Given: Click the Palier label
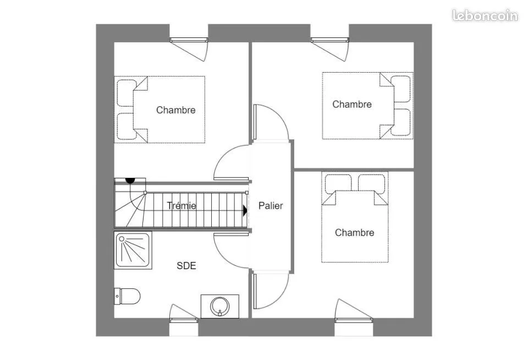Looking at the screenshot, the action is point(271,206).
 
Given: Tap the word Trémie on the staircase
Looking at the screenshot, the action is point(182,206).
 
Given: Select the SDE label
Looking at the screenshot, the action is point(186,266).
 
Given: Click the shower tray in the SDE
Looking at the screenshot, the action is point(133,250).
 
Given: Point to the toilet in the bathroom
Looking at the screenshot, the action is point(127,296).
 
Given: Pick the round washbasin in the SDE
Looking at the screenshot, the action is point(219,307).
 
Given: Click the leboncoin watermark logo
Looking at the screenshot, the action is point(485,15).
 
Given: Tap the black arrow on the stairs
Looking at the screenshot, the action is point(245,211).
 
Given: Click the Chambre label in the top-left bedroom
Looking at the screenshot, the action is point(176,110).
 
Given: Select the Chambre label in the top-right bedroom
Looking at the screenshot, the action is point(352,104).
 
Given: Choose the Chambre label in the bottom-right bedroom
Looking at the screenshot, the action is point(355,233).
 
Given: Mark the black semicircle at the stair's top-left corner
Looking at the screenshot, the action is point(130,181).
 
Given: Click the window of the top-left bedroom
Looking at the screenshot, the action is point(189,40).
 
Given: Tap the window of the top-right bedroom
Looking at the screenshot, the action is point(329,40).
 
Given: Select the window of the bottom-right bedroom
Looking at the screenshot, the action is point(354,320).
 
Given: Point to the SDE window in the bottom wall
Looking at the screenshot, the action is point(184,320).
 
